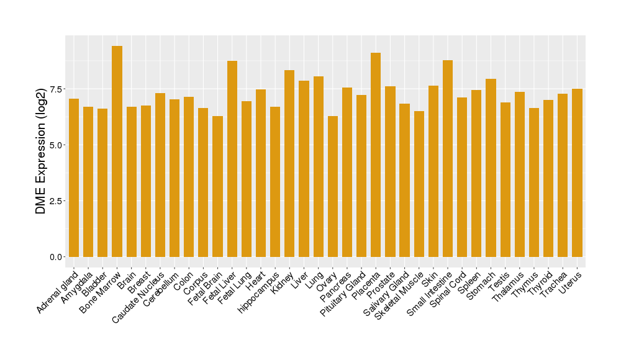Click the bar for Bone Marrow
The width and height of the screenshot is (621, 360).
(117, 151)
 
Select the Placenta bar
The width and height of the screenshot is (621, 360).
(376, 155)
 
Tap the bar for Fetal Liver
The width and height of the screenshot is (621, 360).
(232, 159)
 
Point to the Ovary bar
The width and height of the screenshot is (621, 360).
(333, 186)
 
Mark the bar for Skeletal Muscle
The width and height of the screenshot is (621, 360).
(419, 184)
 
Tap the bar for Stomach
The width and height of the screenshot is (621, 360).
(491, 168)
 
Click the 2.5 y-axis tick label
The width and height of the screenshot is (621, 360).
(57, 201)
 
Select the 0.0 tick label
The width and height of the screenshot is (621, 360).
(57, 257)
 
